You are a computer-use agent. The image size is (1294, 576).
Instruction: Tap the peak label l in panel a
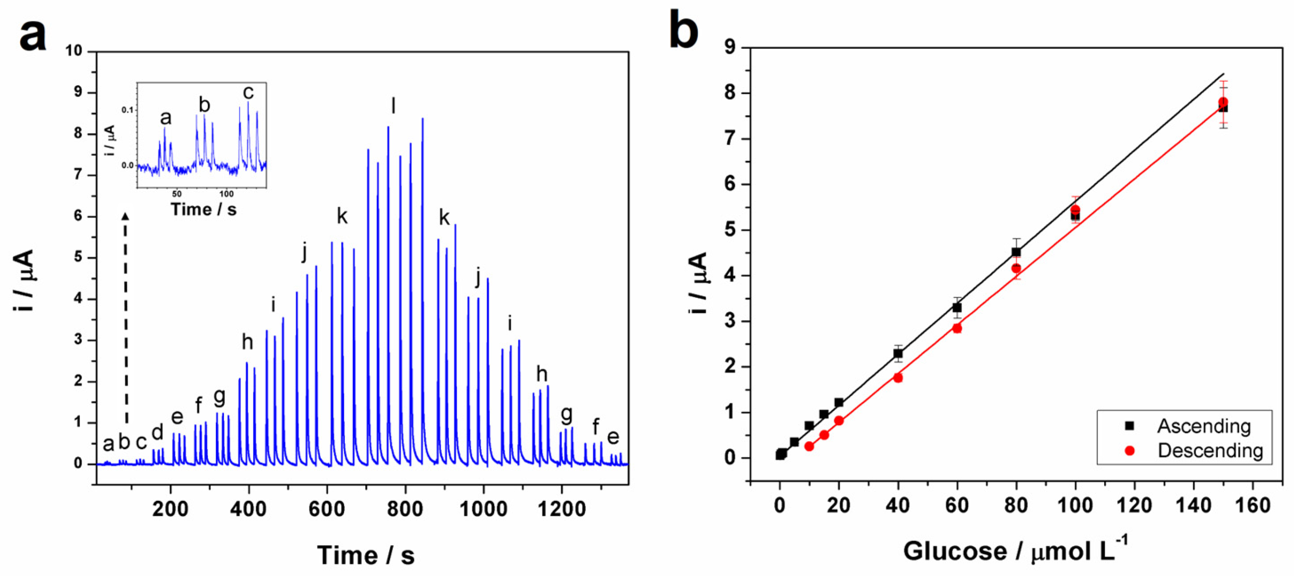click(394, 106)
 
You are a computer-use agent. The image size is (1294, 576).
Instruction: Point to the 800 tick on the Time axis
click(405, 509)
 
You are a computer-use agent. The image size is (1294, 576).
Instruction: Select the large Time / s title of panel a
click(366, 555)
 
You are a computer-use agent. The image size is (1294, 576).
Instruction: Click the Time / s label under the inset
click(204, 209)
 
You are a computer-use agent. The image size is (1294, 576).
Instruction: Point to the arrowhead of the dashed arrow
click(126, 216)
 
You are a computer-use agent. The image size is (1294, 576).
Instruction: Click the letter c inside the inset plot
click(248, 93)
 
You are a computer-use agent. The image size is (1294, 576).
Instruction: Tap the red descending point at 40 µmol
click(898, 377)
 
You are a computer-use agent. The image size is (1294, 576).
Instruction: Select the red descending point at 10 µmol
click(809, 446)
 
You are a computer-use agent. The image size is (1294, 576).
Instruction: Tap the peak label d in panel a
click(157, 432)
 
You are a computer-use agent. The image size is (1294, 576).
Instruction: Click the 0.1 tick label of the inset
click(128, 110)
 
